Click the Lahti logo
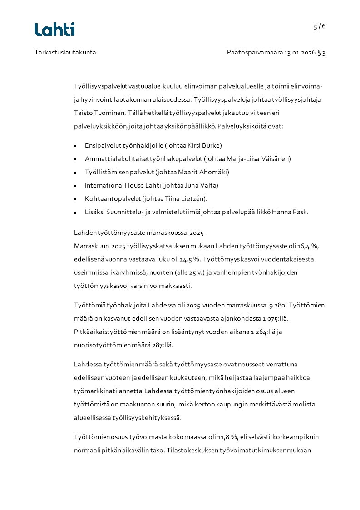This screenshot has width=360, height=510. coord(54,30)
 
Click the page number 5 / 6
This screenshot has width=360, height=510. coord(320,26)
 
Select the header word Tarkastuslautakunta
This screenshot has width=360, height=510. coord(65,52)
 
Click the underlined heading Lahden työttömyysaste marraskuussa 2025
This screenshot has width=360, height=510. coord(139,233)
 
